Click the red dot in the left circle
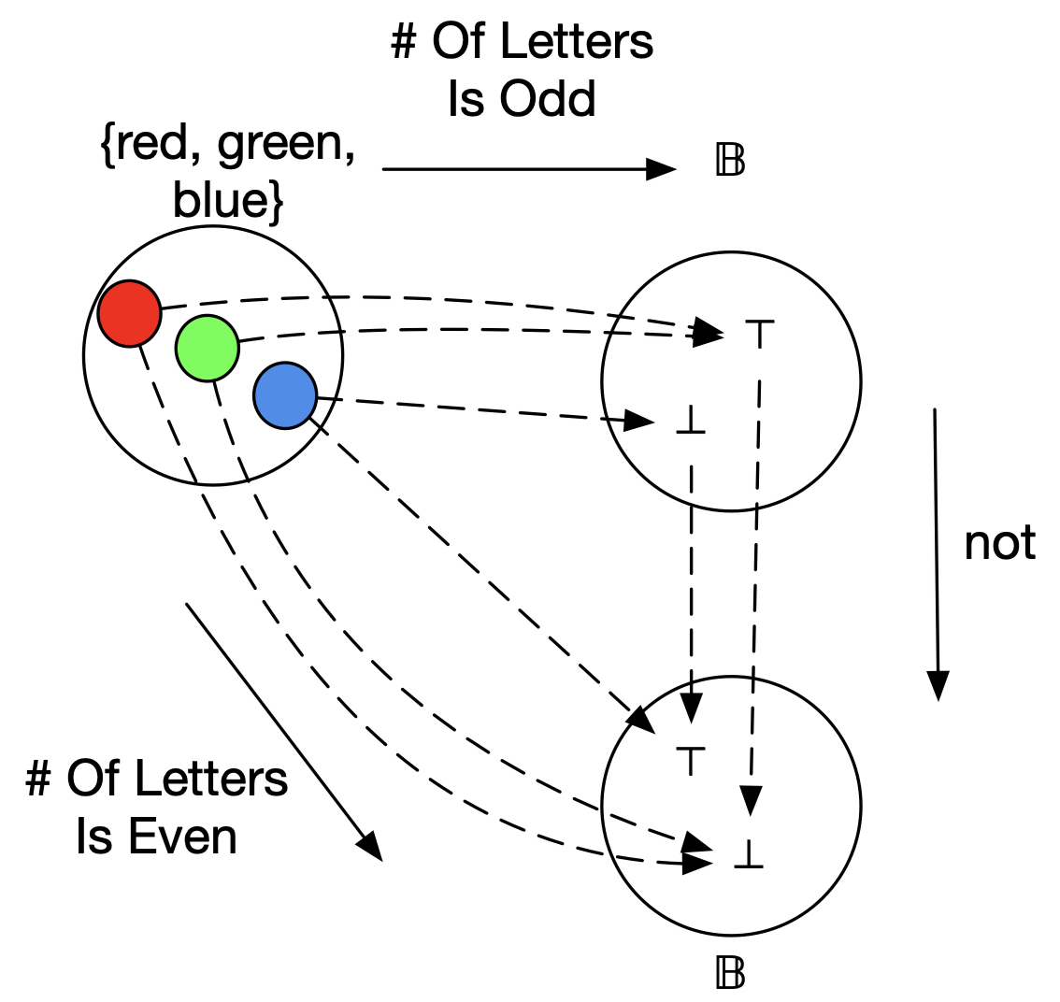click(129, 313)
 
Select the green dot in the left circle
click(207, 348)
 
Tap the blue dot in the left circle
click(284, 394)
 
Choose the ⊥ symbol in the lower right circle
click(750, 857)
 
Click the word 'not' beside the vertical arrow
click(999, 542)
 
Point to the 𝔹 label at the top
click(730, 163)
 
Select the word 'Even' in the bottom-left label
click(183, 837)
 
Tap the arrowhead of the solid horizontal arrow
click(663, 169)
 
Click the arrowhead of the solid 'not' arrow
click(938, 686)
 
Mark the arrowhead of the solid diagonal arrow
click(371, 846)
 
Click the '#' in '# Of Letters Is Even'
click(39, 780)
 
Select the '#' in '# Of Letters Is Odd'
click(404, 42)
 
